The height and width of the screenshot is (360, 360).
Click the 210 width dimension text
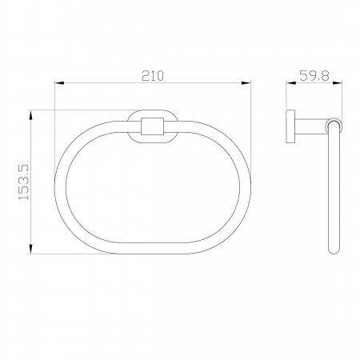pos(153,76)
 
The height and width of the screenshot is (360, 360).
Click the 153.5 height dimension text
pos(23,182)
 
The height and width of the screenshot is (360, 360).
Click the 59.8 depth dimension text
pos(314,76)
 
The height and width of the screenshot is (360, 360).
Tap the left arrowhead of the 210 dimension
pos(59,83)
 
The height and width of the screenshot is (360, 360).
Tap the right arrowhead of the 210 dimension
pos(246,83)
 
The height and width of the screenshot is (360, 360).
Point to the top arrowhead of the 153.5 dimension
pos(31,115)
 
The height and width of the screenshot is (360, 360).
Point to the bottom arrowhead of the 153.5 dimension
pos(31,249)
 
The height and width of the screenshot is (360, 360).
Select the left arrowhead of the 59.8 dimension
pos(291,83)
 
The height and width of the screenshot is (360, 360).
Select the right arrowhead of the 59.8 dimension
pos(337,83)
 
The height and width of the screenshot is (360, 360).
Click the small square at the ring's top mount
pos(152,126)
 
